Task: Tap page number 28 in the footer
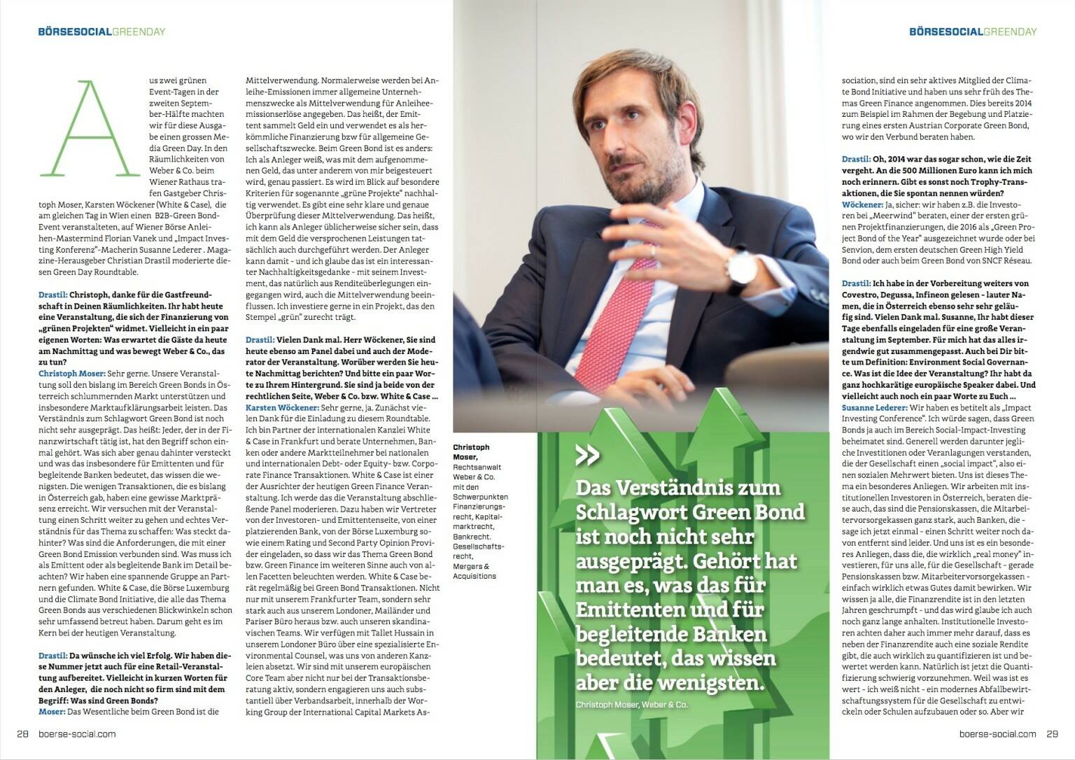pos(22,733)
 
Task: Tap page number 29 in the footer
pos(1053,733)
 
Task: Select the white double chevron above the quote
pos(587,456)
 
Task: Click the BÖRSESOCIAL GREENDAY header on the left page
pos(101,31)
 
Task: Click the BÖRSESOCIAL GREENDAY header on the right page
pos(973,31)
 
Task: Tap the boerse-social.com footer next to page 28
pos(77,733)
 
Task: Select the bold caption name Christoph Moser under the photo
pos(471,452)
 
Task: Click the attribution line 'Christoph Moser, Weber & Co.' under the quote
pos(631,704)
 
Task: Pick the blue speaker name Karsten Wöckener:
pos(282,407)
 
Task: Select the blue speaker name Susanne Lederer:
pos(874,407)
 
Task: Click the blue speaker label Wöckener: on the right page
pos(862,204)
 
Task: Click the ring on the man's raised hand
pos(654,250)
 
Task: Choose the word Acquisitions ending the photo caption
pos(475,576)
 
